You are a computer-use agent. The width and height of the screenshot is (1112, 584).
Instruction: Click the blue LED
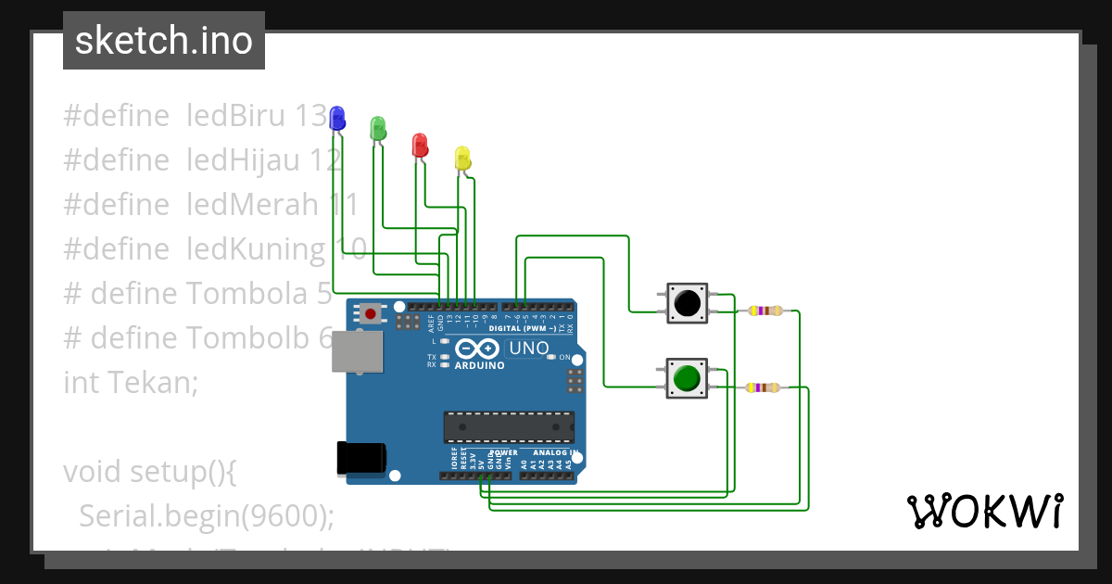(337, 117)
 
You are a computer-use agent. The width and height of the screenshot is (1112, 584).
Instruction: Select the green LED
(377, 128)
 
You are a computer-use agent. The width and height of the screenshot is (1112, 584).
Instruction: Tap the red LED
(420, 144)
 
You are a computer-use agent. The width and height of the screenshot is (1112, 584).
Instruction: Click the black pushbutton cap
(687, 302)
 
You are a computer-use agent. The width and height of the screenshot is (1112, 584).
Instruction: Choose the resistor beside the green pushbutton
(763, 387)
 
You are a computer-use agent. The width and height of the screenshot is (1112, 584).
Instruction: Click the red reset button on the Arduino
(372, 313)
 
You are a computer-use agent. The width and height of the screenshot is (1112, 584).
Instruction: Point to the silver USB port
(358, 351)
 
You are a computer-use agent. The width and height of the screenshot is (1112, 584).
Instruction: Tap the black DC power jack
(361, 458)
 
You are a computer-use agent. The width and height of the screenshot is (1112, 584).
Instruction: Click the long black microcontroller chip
(509, 426)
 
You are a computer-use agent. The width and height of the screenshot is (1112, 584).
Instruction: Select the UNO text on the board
(528, 349)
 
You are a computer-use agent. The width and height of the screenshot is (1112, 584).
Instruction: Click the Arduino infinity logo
(478, 349)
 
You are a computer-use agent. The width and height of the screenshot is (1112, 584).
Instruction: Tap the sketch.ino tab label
(164, 41)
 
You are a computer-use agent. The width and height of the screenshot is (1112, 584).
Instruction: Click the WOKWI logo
(984, 511)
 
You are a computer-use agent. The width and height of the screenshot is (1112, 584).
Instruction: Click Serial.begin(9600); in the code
(206, 515)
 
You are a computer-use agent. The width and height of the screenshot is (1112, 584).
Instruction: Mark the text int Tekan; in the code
(131, 382)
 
